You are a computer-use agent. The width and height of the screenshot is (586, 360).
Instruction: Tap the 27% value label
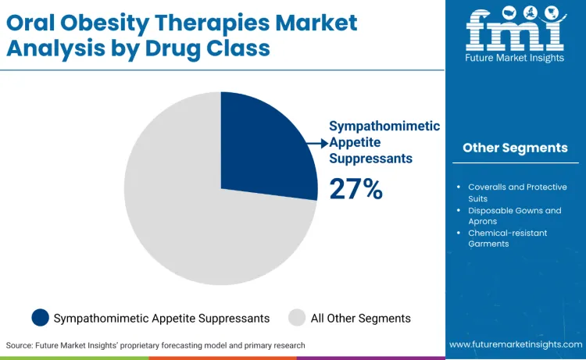pyautogui.click(x=356, y=189)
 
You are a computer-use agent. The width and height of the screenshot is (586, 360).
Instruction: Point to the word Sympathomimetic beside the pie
pyautogui.click(x=384, y=126)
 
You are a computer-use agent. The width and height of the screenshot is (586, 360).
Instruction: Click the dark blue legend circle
pyautogui.click(x=40, y=318)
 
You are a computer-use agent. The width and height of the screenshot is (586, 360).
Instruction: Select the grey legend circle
pyautogui.click(x=297, y=318)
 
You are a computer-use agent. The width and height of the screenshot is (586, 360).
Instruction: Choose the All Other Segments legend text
pyautogui.click(x=360, y=318)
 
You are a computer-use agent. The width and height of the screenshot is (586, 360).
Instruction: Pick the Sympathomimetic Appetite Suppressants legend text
pyautogui.click(x=162, y=318)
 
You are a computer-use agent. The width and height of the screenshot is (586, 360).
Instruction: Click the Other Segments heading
pyautogui.click(x=515, y=148)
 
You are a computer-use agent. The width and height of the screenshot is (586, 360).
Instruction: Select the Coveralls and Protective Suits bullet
pyautogui.click(x=516, y=193)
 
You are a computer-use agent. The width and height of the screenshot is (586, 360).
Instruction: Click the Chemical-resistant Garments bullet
pyautogui.click(x=507, y=238)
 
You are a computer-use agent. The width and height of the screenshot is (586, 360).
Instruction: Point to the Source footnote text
pyautogui.click(x=155, y=345)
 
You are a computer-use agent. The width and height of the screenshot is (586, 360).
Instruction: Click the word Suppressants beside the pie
pyautogui.click(x=371, y=158)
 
